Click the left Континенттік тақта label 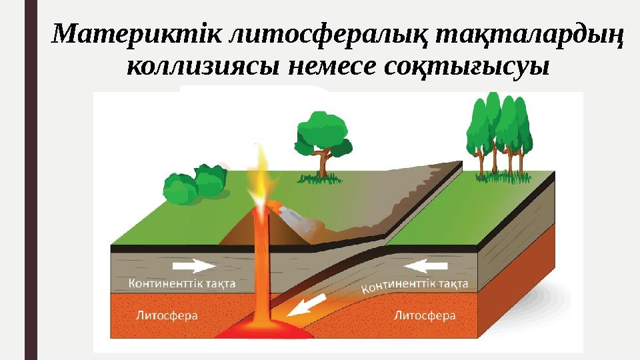click(181, 283)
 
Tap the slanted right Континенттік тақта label click(415, 285)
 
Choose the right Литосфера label click(425, 313)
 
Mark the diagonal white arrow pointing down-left click(309, 306)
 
